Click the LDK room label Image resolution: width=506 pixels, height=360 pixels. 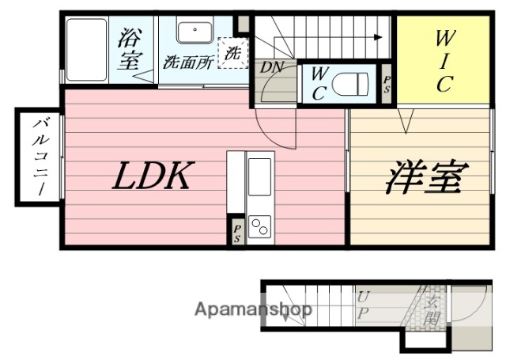(152, 176)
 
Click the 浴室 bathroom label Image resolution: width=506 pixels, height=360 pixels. (131, 50)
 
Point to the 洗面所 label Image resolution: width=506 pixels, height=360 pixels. (188, 62)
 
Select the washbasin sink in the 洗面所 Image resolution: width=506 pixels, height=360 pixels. (192, 32)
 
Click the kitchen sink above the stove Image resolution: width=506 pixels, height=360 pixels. (259, 172)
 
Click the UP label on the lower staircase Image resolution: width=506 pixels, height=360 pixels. (363, 305)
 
